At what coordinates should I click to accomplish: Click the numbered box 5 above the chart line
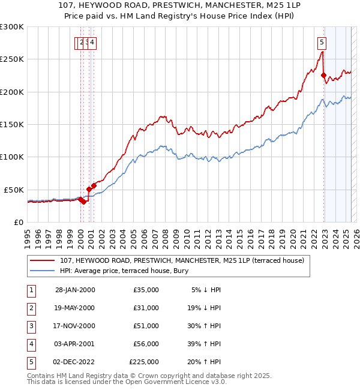click(x=322, y=42)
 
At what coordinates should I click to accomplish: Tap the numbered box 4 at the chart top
click(x=93, y=42)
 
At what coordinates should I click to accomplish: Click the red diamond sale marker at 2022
click(x=323, y=76)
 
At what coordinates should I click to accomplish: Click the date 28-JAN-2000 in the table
click(x=75, y=290)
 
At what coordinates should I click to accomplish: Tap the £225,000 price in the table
click(x=144, y=362)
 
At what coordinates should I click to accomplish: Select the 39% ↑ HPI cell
click(x=206, y=344)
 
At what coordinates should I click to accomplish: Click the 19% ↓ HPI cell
click(x=206, y=308)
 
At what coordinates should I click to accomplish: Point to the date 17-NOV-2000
click(x=75, y=326)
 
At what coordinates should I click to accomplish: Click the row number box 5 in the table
click(x=31, y=362)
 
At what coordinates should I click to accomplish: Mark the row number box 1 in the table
click(x=31, y=290)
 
